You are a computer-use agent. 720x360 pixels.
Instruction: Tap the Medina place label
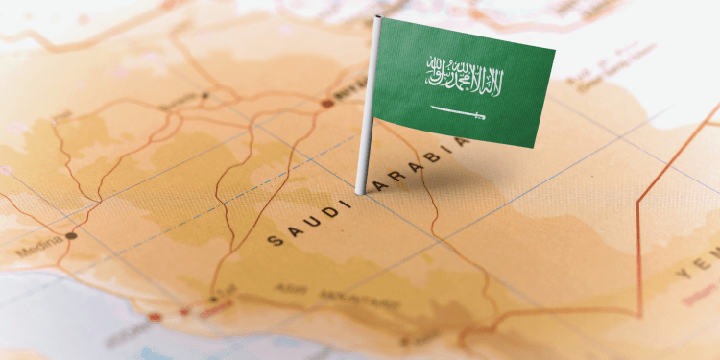38,252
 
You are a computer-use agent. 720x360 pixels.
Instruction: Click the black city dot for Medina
71,234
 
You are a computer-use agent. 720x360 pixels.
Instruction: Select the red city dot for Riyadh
327,102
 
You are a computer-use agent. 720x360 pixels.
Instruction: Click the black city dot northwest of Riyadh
204,96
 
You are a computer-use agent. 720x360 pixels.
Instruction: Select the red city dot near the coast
155,316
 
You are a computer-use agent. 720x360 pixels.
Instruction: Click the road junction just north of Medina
97,202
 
